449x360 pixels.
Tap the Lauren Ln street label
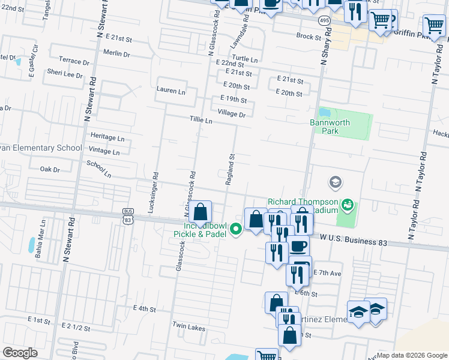tap(170, 91)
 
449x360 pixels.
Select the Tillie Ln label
tap(200, 121)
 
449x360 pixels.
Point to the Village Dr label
tap(232, 114)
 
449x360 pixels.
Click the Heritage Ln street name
tap(107, 137)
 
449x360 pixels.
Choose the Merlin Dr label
tap(116, 54)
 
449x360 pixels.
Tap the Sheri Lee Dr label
tap(65, 74)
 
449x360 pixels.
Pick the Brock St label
tap(309, 37)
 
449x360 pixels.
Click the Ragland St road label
tap(230, 170)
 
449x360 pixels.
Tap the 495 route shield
tap(324, 20)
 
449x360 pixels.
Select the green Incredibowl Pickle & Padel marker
tap(237, 227)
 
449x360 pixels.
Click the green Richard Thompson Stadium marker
tap(346, 206)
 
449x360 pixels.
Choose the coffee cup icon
tap(298, 246)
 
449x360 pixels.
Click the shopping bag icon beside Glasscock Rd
tap(201, 211)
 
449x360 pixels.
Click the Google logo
tap(20, 353)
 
